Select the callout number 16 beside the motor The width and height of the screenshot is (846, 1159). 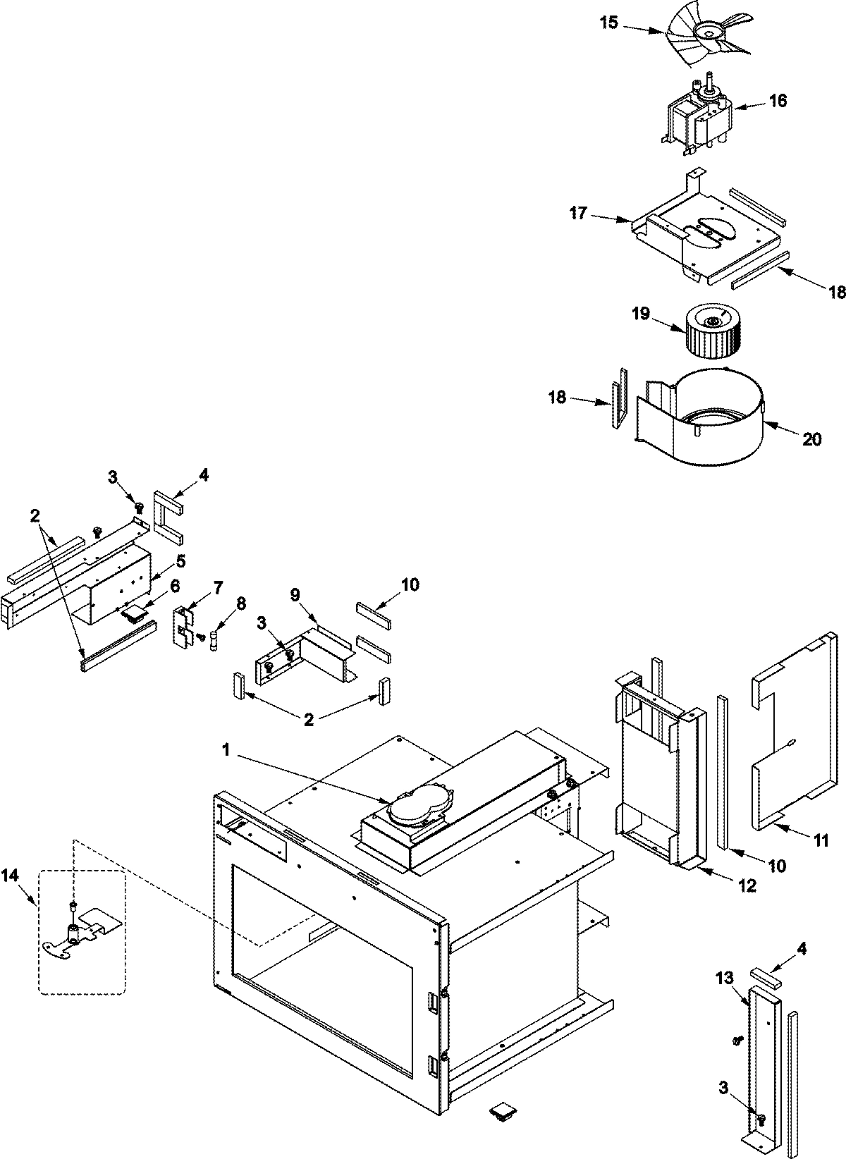tap(777, 100)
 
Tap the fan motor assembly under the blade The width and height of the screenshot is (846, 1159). tap(698, 116)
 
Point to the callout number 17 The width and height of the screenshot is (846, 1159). tap(578, 213)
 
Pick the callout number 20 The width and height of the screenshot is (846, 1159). tap(812, 439)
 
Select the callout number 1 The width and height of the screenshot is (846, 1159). tap(226, 751)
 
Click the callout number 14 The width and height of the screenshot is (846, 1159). tap(10, 876)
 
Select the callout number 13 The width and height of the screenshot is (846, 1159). tap(724, 979)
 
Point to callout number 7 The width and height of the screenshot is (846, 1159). tap(218, 587)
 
